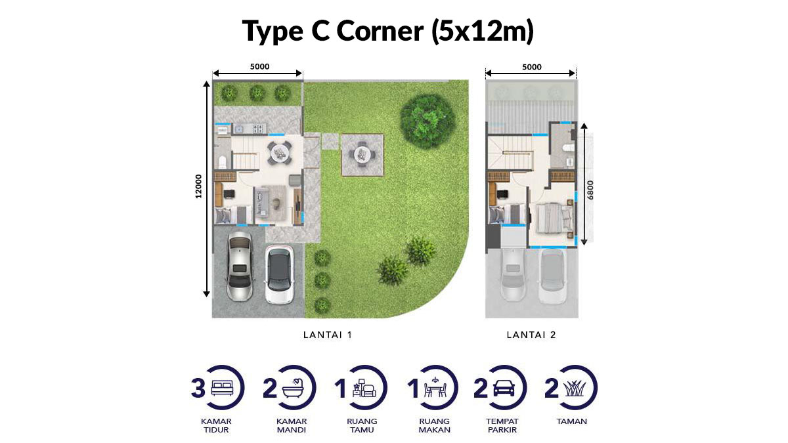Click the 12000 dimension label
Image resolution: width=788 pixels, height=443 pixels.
[x=199, y=186]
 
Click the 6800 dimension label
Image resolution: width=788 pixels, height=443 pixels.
[x=590, y=190]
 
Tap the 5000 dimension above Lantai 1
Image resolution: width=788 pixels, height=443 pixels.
[x=259, y=66]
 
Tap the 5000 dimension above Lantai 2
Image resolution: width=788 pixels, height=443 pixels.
[x=531, y=67]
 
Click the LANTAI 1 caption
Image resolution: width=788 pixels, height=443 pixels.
[x=328, y=335]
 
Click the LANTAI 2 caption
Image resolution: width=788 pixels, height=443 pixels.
[x=531, y=335]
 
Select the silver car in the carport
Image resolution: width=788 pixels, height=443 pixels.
[x=240, y=267]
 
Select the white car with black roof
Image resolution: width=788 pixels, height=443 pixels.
[x=279, y=274]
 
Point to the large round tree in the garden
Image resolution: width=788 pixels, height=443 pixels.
[x=427, y=121]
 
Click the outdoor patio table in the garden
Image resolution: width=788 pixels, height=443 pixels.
[x=361, y=154]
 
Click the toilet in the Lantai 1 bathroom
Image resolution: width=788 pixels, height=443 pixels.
[x=223, y=163]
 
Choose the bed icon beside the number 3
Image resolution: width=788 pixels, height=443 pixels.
[x=222, y=389]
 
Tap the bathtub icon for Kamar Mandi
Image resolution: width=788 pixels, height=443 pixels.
[x=294, y=389]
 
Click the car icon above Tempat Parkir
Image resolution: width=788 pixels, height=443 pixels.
[x=504, y=389]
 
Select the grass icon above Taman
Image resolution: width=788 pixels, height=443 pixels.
[x=575, y=389]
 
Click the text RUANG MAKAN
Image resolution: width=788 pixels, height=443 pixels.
[x=435, y=425]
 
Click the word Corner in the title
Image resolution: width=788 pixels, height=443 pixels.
[x=380, y=31]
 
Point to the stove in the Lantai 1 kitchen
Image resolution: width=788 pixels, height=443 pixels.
[x=258, y=129]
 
